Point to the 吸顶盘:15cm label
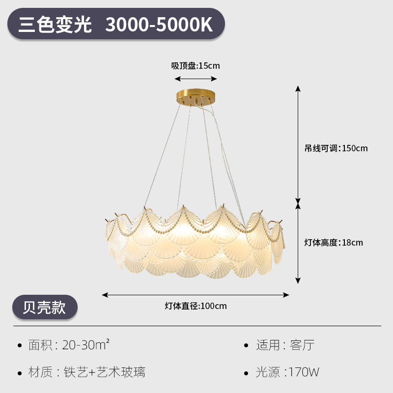click(196, 66)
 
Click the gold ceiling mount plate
click(196, 95)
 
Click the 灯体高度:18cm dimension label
click(334, 242)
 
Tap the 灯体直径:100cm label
click(196, 306)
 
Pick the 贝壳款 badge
click(45, 307)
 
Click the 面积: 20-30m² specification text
click(69, 345)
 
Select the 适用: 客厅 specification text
click(285, 345)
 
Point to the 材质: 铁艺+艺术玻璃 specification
click(87, 372)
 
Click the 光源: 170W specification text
click(287, 372)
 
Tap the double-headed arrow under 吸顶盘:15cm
click(196, 79)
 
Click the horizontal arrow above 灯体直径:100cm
click(196, 295)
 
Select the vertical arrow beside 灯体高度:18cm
click(298, 243)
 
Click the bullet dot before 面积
click(20, 345)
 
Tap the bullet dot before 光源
click(247, 372)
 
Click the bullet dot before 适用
click(247, 345)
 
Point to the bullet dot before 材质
click(20, 372)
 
